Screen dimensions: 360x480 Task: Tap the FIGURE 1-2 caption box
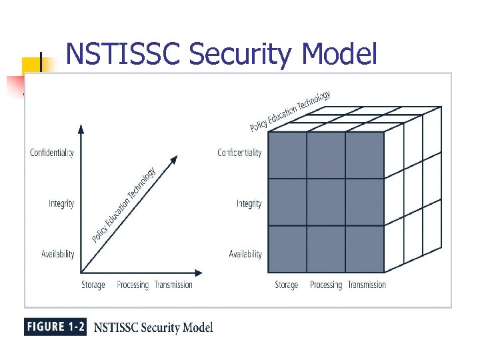[55, 327]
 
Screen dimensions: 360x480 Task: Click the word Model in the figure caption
[197, 327]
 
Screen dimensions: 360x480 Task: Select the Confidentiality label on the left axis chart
[52, 153]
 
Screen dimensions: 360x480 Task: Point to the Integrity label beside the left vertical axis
[61, 203]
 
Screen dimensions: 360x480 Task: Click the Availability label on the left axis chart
[58, 254]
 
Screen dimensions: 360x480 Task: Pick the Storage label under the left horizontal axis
[93, 285]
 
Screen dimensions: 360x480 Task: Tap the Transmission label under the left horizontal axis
[173, 285]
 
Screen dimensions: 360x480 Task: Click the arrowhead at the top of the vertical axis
[81, 129]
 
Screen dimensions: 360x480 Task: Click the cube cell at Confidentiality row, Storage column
[287, 155]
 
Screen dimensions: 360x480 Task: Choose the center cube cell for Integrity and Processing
[325, 202]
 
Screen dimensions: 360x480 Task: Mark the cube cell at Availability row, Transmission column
[365, 249]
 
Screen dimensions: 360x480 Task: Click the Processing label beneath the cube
[326, 285]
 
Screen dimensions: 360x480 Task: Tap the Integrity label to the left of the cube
[249, 203]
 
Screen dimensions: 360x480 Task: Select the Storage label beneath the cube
[287, 285]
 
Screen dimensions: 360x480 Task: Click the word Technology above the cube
[314, 101]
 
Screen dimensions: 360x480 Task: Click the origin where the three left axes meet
[81, 273]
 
